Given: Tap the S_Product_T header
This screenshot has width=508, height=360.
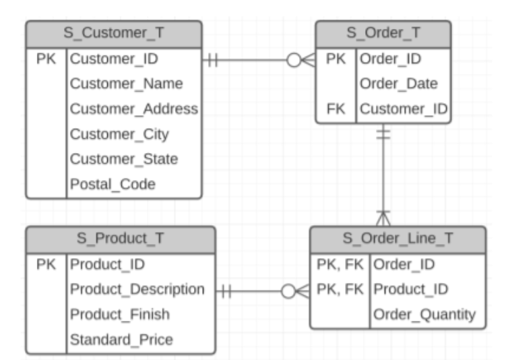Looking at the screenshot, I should click(x=121, y=239).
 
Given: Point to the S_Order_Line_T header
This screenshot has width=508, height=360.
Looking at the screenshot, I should click(x=398, y=239).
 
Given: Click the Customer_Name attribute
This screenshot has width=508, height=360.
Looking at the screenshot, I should click(x=127, y=84).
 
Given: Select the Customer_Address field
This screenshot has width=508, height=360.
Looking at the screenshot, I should click(x=134, y=109).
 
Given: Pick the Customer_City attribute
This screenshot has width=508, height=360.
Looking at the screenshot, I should click(x=120, y=134).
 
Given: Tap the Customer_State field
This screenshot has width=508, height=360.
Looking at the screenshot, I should click(x=124, y=159).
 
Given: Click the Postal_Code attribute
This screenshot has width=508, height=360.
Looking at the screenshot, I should click(x=113, y=184).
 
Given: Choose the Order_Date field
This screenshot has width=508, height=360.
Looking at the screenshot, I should click(x=399, y=84).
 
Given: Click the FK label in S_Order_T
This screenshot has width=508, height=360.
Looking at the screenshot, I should click(x=336, y=109).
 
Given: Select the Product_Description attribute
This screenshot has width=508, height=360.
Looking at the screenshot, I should click(x=137, y=289).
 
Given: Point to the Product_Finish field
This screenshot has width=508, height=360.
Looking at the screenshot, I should click(x=120, y=314).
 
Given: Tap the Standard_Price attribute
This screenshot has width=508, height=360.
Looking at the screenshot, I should click(x=121, y=339).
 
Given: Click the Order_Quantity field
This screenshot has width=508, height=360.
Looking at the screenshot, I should click(x=424, y=314).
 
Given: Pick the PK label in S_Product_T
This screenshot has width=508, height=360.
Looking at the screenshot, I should click(x=46, y=264).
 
